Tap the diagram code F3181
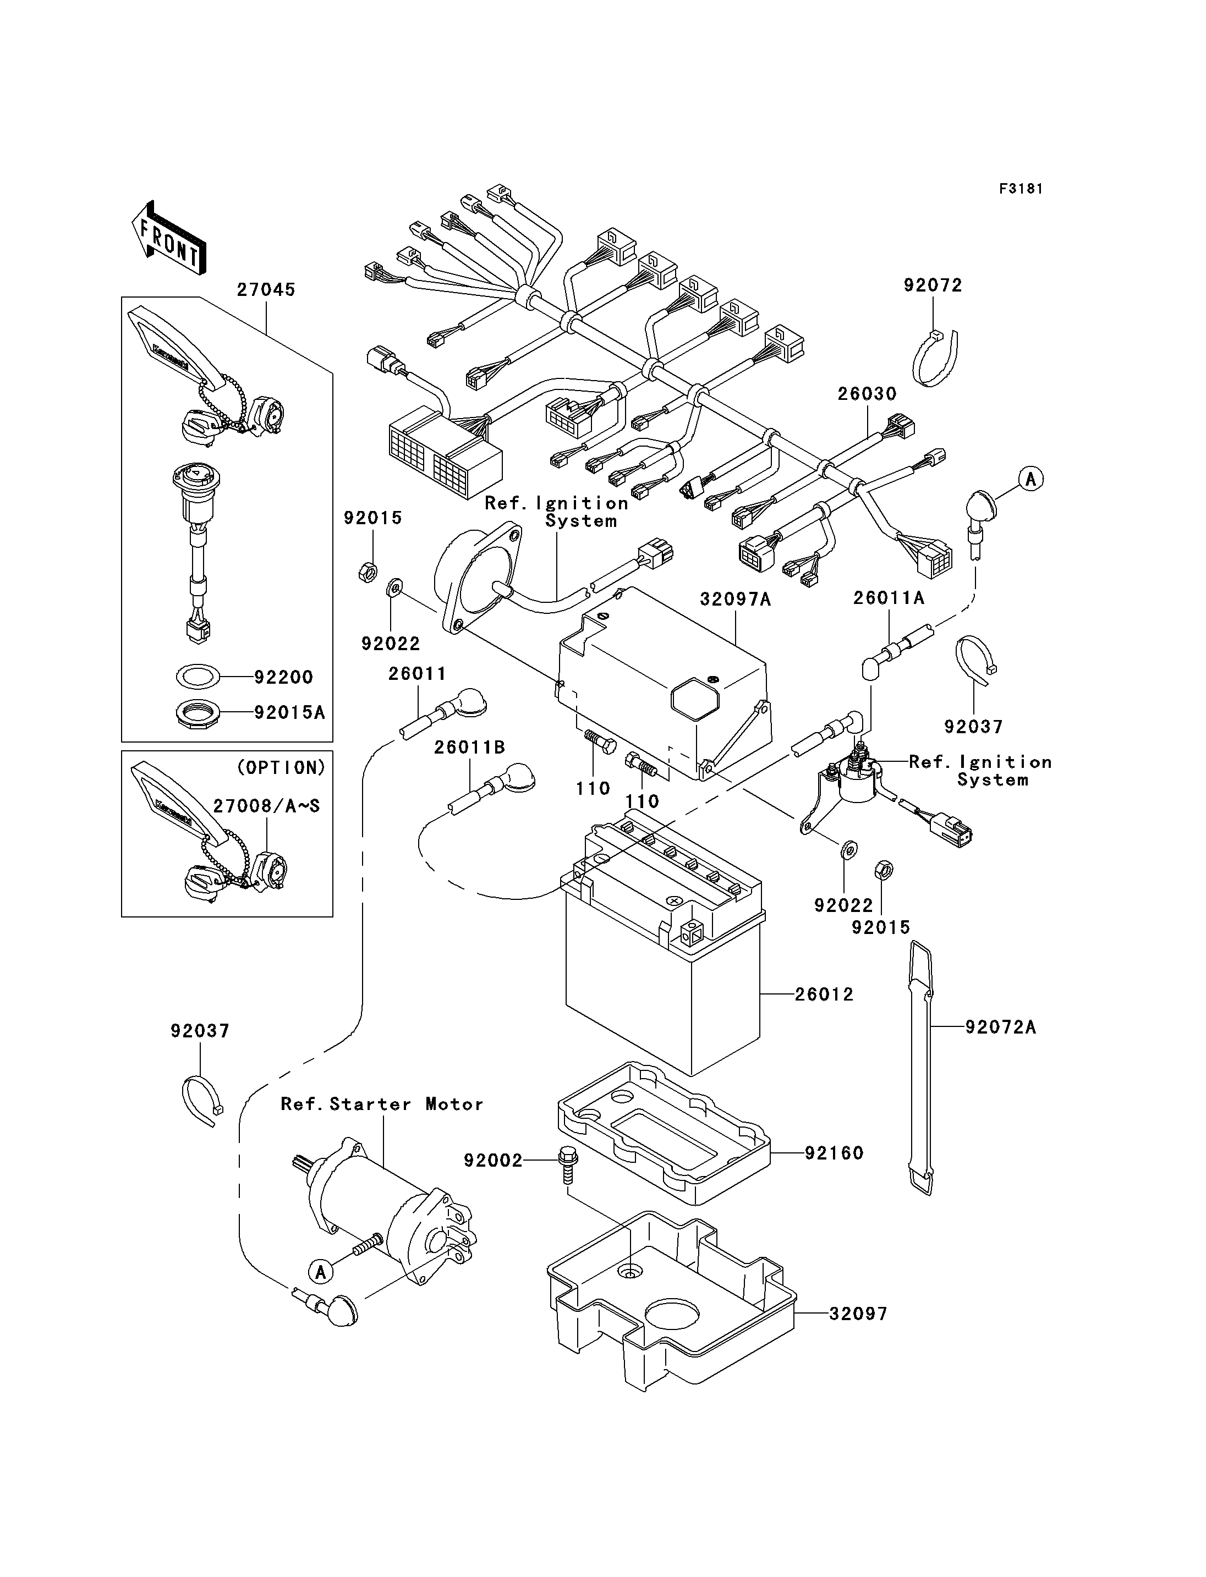(x=1021, y=189)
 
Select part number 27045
(x=266, y=289)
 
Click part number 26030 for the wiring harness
(x=867, y=393)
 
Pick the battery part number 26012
(x=825, y=994)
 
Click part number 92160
(x=834, y=1153)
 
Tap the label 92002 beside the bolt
(x=493, y=1160)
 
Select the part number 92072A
(x=1001, y=1027)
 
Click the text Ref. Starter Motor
(x=382, y=1104)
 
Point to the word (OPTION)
(x=281, y=767)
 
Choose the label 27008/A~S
(x=266, y=806)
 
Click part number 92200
(x=283, y=677)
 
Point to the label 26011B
(x=469, y=747)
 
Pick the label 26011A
(x=889, y=598)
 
